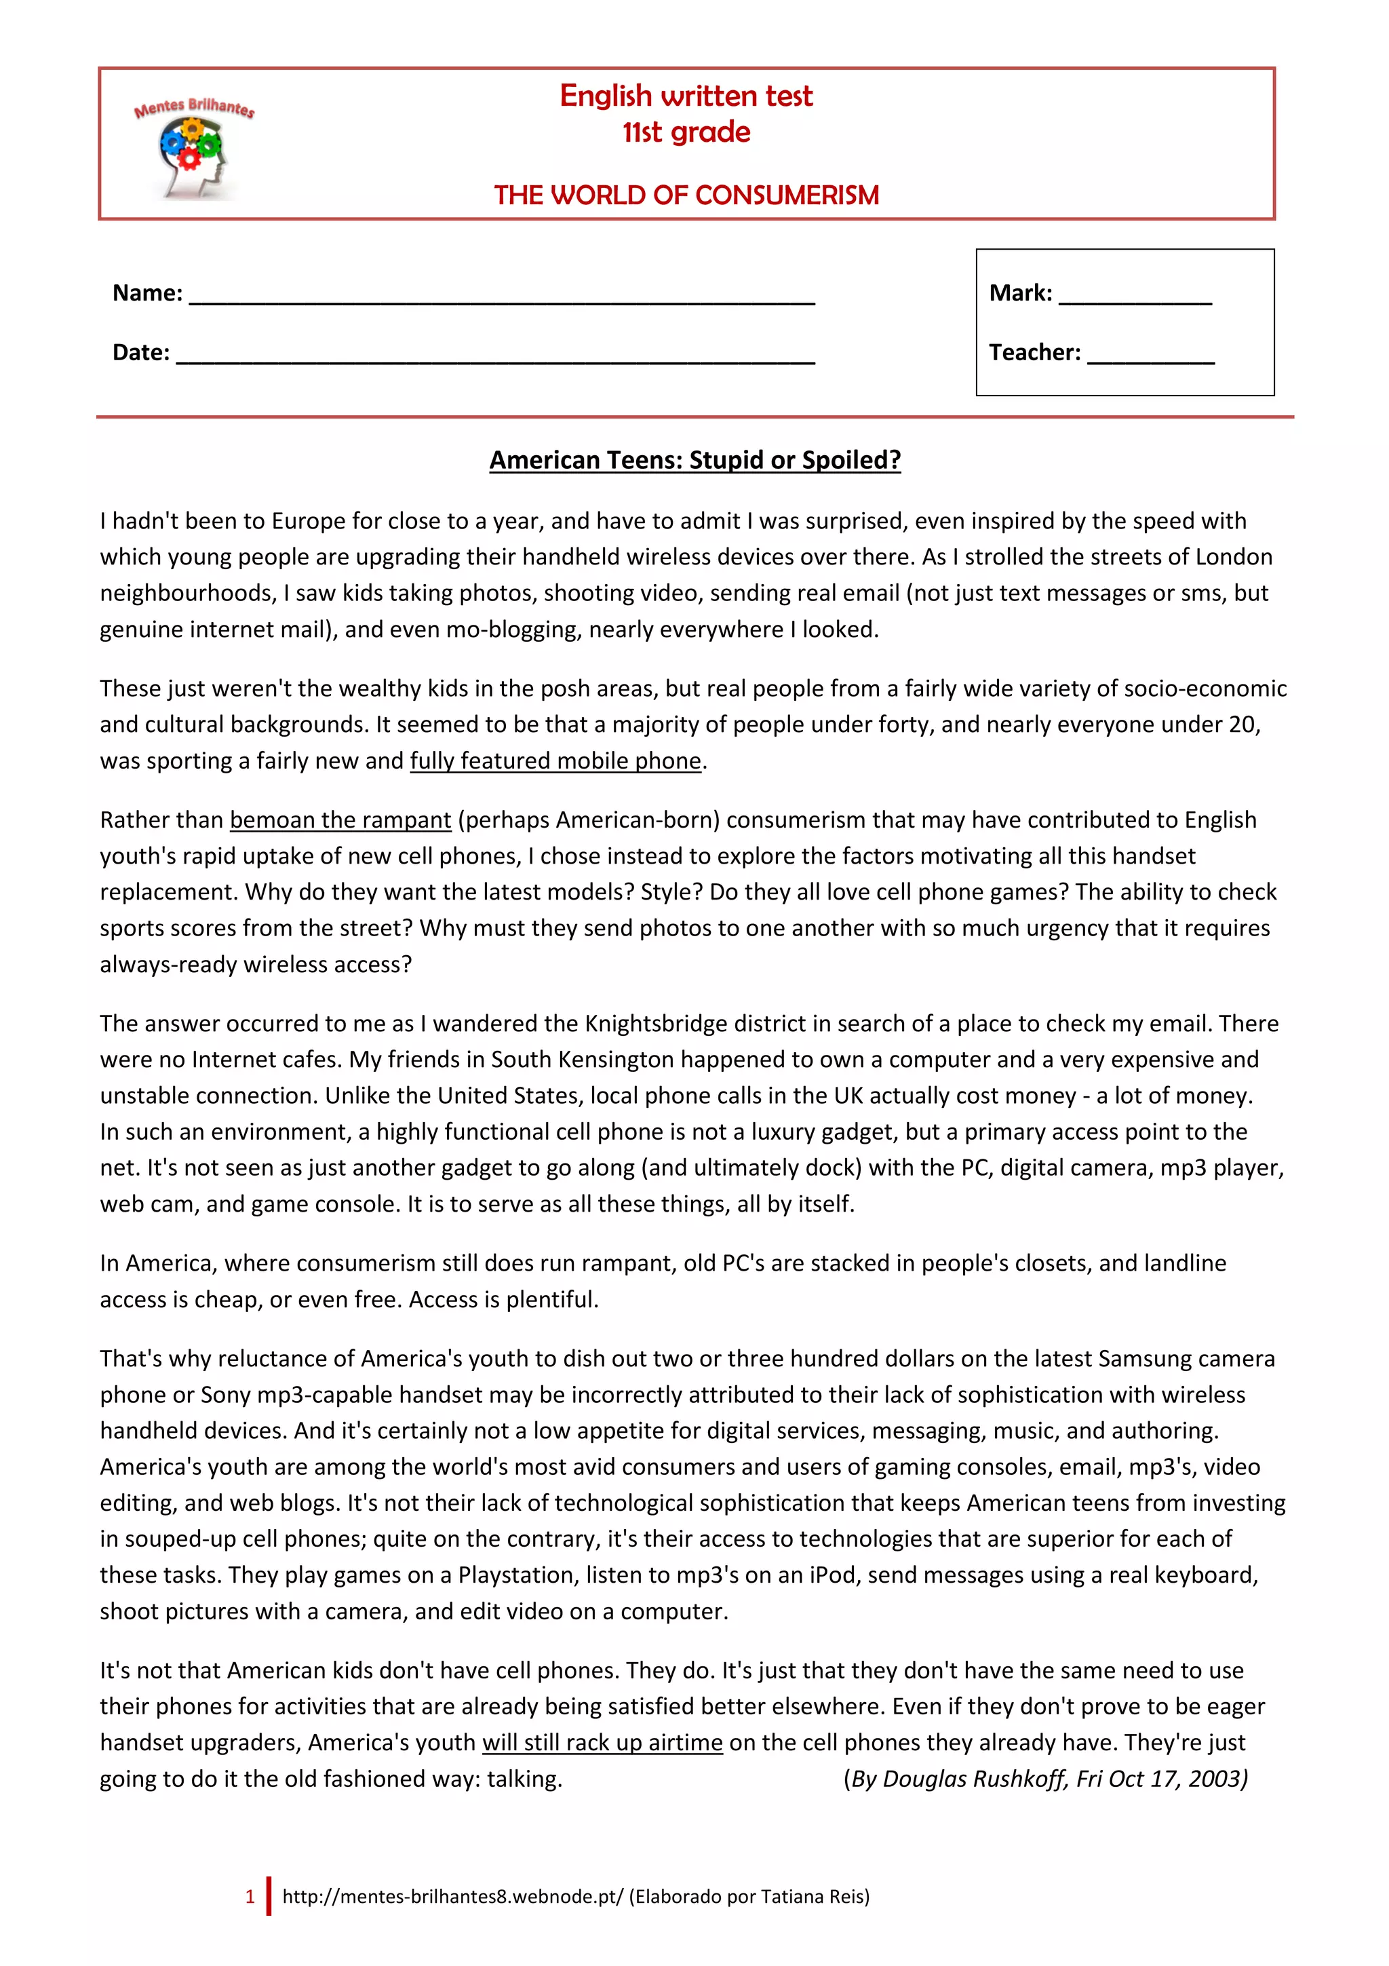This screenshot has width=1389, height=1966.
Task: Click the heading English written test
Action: click(686, 96)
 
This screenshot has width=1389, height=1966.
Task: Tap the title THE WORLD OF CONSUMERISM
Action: click(686, 195)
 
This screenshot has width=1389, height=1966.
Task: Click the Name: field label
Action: click(147, 293)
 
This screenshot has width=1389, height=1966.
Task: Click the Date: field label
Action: click(141, 352)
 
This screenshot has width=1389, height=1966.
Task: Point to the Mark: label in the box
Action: click(1020, 293)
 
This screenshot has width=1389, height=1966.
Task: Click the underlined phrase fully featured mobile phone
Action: click(555, 760)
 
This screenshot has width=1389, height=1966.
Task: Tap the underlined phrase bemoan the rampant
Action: click(340, 820)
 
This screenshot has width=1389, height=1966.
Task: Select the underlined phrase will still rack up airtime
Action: click(602, 1743)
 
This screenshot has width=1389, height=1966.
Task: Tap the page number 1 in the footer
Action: click(250, 1897)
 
